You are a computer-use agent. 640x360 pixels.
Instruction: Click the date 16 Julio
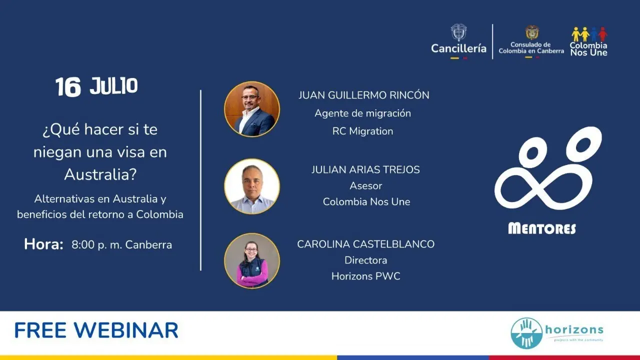coord(96,86)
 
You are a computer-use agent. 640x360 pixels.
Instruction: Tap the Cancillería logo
coord(458,41)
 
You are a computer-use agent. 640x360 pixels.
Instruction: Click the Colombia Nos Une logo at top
coord(589,41)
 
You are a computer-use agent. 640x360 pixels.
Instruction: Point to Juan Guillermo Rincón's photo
coord(251,109)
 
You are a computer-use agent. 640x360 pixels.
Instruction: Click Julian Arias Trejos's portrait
coord(251,186)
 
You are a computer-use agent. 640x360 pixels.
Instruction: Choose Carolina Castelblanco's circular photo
coord(251,260)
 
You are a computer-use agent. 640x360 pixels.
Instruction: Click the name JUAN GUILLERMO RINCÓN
coord(363,95)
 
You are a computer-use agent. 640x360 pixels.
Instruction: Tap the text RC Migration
coord(362,131)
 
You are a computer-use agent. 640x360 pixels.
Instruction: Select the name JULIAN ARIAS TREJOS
coord(365,169)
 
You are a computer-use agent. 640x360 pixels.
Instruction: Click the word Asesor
coord(365,186)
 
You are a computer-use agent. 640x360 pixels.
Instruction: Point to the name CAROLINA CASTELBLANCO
coord(365,244)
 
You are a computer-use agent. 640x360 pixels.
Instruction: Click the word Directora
coord(365,260)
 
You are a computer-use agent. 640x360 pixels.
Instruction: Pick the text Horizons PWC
coord(365,276)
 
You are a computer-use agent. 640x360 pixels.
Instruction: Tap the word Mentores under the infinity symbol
coord(542,228)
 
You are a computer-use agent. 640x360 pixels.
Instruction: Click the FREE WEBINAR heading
coord(96,330)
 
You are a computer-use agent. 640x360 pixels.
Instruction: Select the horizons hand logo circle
coord(526,333)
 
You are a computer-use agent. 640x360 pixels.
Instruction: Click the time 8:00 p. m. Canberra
coord(121,245)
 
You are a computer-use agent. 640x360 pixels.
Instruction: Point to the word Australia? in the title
coord(100,174)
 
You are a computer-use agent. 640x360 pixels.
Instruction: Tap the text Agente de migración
coord(363,113)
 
